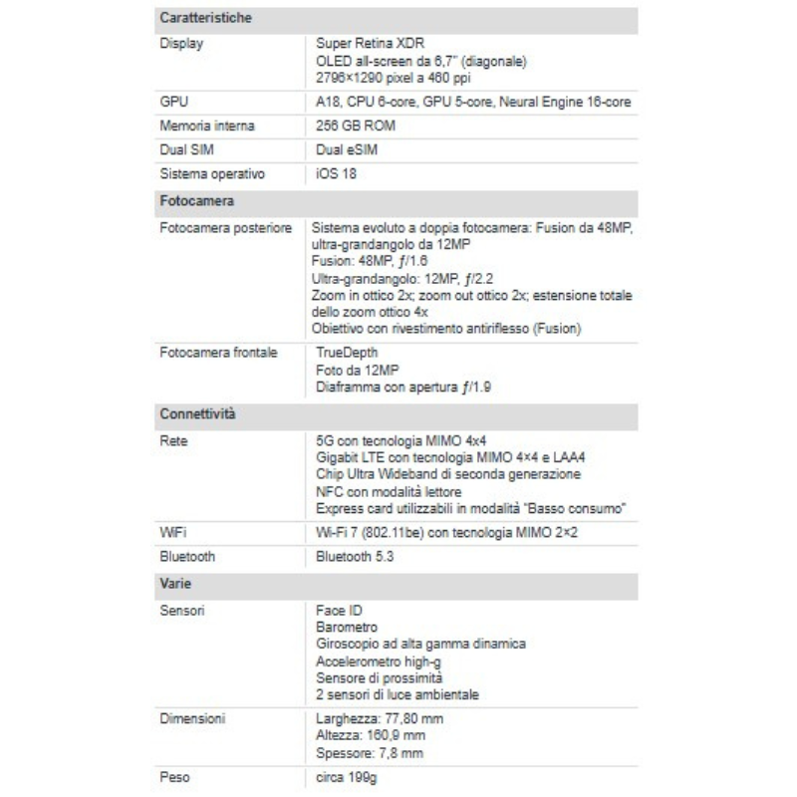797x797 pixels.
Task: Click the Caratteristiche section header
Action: pyautogui.click(x=205, y=19)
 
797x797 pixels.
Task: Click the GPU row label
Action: pyautogui.click(x=173, y=103)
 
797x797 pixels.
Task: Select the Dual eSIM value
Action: pyautogui.click(x=346, y=150)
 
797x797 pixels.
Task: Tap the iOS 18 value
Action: pyautogui.click(x=336, y=174)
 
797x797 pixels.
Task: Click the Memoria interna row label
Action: pyautogui.click(x=207, y=127)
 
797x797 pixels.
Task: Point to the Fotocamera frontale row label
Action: pyautogui.click(x=218, y=352)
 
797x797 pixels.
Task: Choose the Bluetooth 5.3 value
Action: pyautogui.click(x=355, y=557)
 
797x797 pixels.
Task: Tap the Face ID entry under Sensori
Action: pyautogui.click(x=338, y=609)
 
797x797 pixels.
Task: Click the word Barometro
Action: pyautogui.click(x=346, y=627)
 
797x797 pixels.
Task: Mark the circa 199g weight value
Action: pyautogui.click(x=347, y=774)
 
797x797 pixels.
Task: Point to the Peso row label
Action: pyautogui.click(x=175, y=774)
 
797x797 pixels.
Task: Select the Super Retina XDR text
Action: pyautogui.click(x=368, y=45)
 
